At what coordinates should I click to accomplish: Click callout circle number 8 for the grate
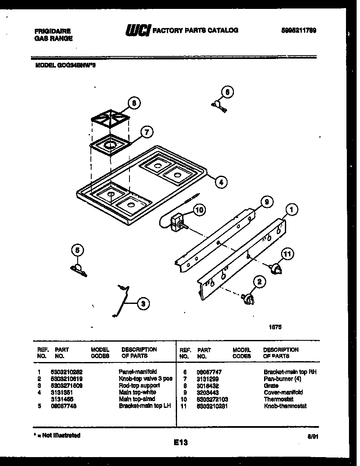(134, 103)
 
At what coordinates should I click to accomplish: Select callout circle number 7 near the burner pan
(146, 132)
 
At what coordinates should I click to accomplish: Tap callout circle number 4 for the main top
(220, 182)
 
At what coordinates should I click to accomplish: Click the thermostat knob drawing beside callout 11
(276, 268)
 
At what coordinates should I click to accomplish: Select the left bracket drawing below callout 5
(78, 269)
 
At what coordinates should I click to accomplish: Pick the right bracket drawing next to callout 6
(219, 105)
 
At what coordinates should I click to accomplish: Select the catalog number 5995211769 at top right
(299, 31)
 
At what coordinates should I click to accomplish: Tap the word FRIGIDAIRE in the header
(53, 31)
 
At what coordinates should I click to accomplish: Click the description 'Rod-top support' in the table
(140, 385)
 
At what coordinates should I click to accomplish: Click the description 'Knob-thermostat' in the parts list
(284, 406)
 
